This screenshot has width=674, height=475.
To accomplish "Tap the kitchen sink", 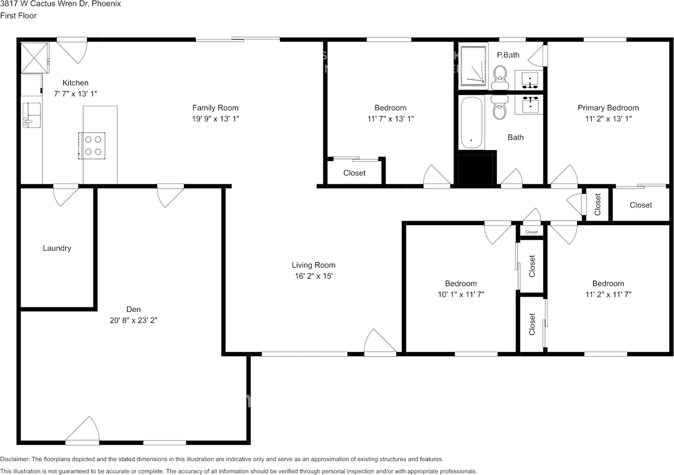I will (x=31, y=115).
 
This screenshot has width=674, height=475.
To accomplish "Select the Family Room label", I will (x=215, y=108).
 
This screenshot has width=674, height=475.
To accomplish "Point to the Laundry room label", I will (x=57, y=248).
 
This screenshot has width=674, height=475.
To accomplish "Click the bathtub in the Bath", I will (x=471, y=122).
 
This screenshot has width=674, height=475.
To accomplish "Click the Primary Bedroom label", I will (x=608, y=108).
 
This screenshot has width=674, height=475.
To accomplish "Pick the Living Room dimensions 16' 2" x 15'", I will (x=313, y=275).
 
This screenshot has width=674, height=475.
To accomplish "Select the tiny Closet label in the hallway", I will (x=531, y=232).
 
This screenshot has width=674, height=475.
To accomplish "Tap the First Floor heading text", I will (x=18, y=16).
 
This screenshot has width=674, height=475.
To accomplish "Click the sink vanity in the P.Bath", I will (x=529, y=80).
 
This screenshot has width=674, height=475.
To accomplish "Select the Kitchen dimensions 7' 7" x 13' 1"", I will (x=75, y=93).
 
